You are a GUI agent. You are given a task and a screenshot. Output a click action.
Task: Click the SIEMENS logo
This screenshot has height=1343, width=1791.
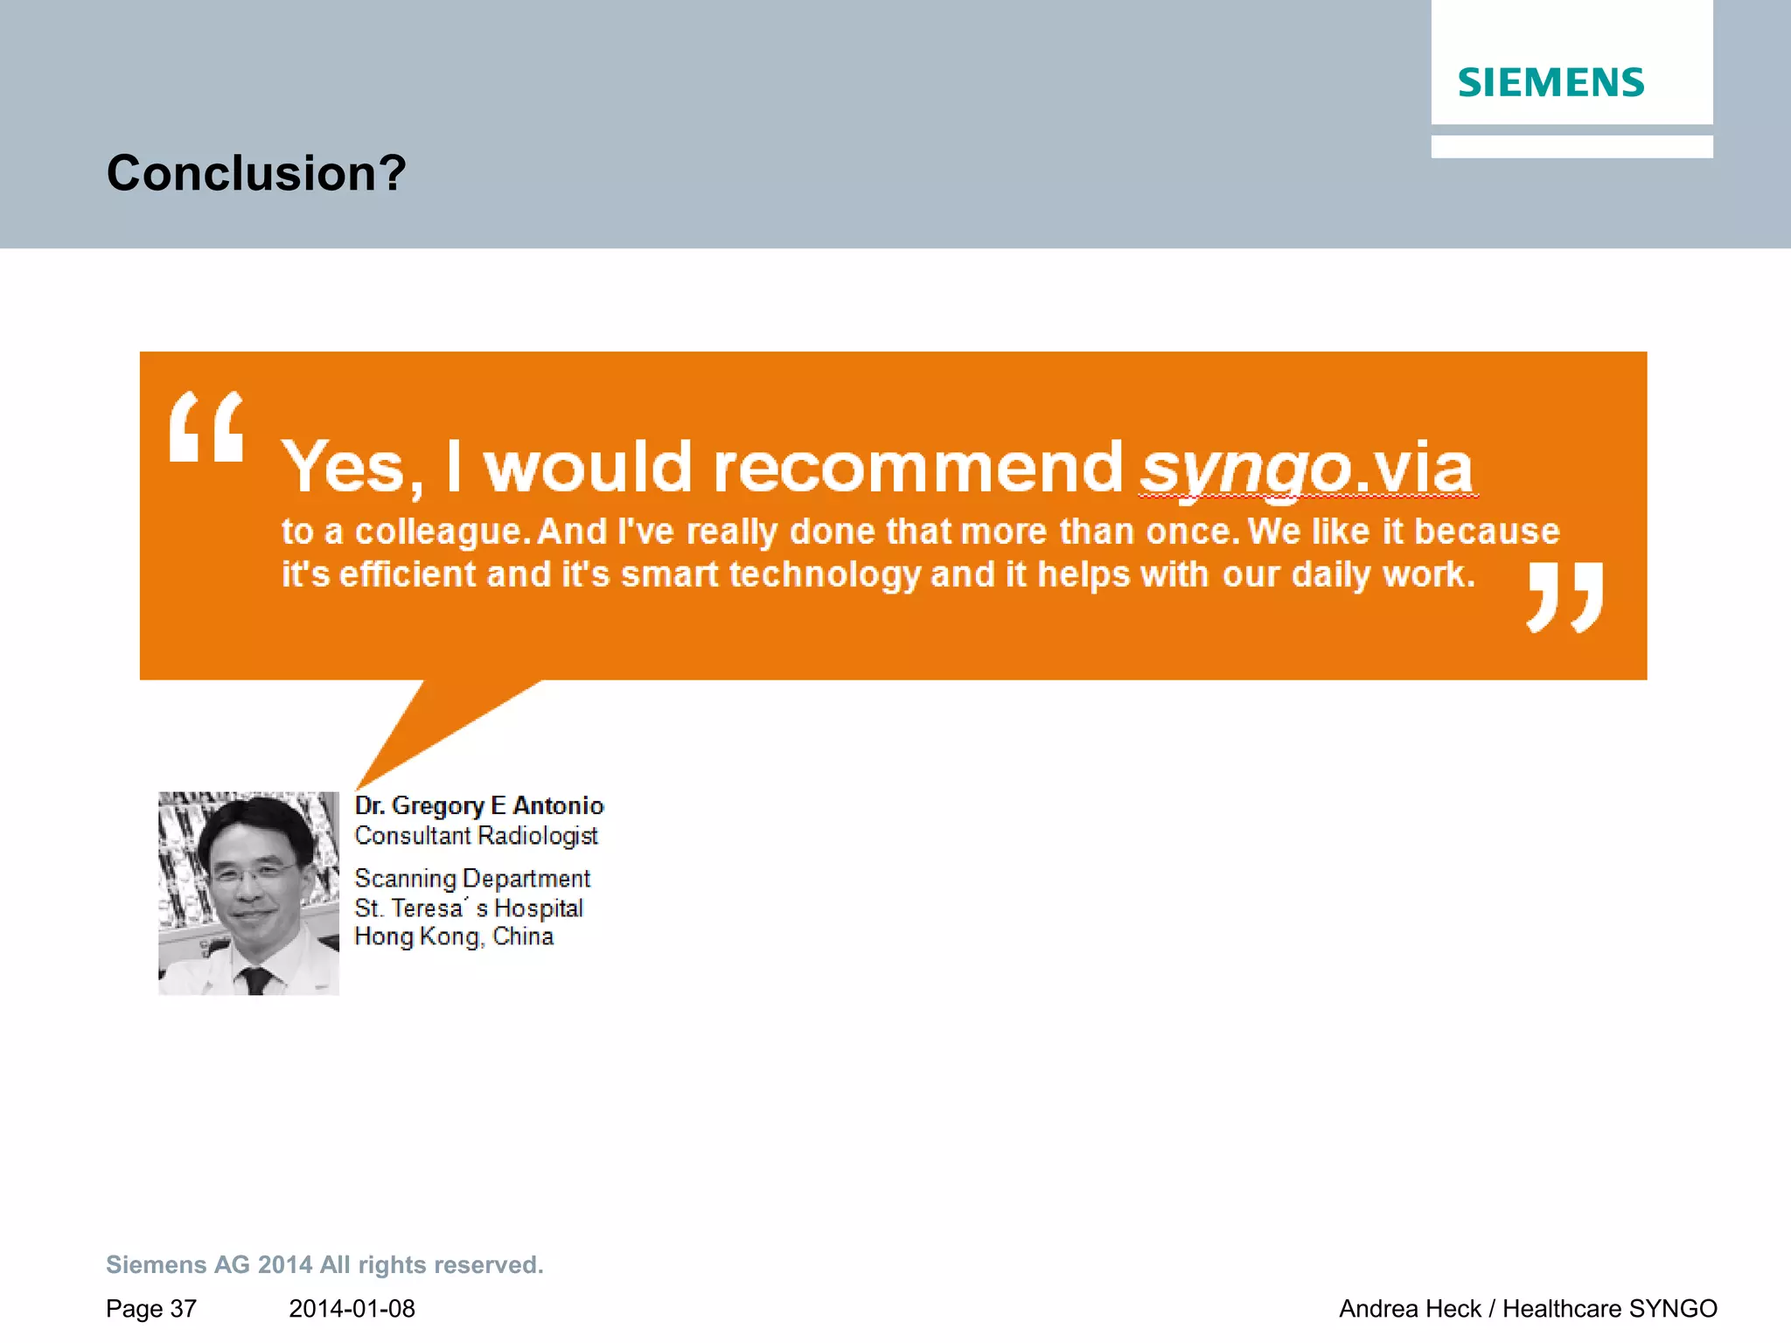pyautogui.click(x=1551, y=83)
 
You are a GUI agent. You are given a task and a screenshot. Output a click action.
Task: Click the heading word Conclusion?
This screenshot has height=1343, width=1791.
pyautogui.click(x=256, y=172)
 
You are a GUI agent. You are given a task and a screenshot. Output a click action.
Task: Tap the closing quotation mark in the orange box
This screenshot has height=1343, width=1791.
pyautogui.click(x=1565, y=597)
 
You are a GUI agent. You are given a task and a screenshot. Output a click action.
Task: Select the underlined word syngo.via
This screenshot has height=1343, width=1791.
pyautogui.click(x=1307, y=469)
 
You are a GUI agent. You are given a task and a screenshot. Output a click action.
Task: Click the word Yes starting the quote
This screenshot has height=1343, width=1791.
pyautogui.click(x=343, y=468)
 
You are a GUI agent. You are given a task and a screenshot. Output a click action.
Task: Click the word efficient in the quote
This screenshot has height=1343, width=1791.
pyautogui.click(x=408, y=574)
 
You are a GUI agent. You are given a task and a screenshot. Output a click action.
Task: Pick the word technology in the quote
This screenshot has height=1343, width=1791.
pyautogui.click(x=825, y=574)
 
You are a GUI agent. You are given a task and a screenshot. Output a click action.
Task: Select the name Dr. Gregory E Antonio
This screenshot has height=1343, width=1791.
pyautogui.click(x=479, y=805)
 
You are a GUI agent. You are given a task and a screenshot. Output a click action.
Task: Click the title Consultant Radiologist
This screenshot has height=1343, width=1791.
pyautogui.click(x=476, y=836)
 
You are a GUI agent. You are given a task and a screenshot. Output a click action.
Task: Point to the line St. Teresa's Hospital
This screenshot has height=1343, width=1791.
pyautogui.click(x=469, y=908)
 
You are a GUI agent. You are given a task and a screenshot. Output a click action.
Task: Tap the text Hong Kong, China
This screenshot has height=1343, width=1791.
pyautogui.click(x=454, y=936)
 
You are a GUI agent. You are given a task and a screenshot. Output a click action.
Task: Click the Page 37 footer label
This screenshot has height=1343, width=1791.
pyautogui.click(x=151, y=1309)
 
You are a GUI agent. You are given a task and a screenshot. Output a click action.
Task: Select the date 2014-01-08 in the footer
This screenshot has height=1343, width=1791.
pyautogui.click(x=352, y=1309)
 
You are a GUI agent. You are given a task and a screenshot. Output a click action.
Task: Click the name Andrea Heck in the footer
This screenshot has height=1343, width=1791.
pyautogui.click(x=1409, y=1309)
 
